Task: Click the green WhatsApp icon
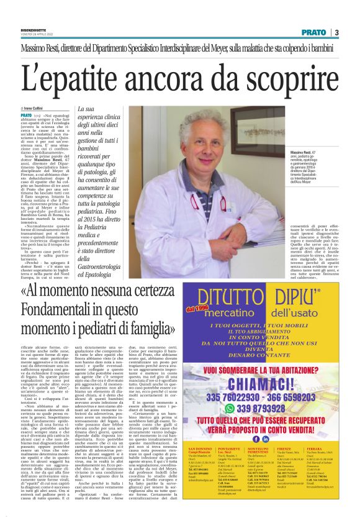(x=218, y=406)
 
